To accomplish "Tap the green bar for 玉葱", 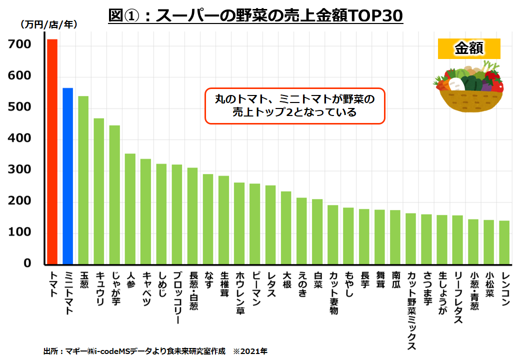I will pyautogui.click(x=83, y=180).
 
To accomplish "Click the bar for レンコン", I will pyautogui.click(x=504, y=242).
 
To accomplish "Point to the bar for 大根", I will pyautogui.click(x=286, y=227).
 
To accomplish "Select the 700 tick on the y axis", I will pyautogui.click(x=20, y=45).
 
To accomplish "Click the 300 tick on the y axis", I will pyautogui.click(x=20, y=170).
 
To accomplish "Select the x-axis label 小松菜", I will pyautogui.click(x=489, y=285).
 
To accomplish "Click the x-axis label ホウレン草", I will pyautogui.click(x=239, y=293).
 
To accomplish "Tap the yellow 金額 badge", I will pyautogui.click(x=468, y=48).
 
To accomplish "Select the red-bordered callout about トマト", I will pyautogui.click(x=295, y=106).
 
